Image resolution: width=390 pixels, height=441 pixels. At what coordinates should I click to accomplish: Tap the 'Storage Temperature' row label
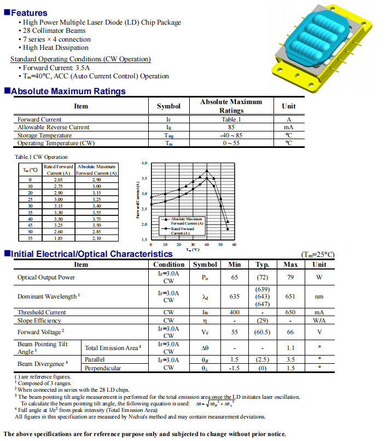coord(44,135)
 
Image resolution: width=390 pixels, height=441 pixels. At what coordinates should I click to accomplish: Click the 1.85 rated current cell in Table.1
coord(59,238)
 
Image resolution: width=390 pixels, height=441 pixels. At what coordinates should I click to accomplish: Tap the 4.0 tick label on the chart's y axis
coord(144,163)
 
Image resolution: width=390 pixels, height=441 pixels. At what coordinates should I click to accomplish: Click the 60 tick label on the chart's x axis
coord(234,244)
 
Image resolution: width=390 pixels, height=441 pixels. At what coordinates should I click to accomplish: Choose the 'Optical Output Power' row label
coord(46,277)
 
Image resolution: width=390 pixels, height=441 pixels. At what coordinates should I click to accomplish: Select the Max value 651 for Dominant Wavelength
coord(290,296)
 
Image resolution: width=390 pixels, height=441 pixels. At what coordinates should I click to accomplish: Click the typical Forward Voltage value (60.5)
coord(262,331)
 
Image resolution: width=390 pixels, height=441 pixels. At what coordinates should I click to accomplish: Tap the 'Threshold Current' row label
coord(42,312)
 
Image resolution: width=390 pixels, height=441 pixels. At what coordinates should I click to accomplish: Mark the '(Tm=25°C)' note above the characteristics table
coord(317,255)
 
